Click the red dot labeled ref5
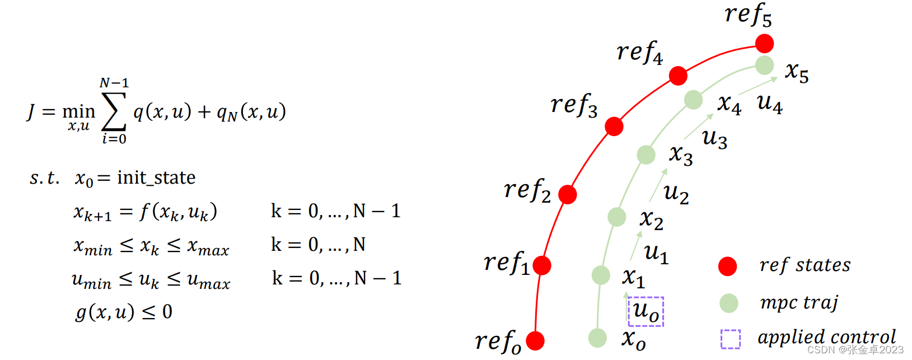764,43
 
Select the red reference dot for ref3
614,127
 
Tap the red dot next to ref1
542,265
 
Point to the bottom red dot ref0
535,340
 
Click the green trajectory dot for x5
764,66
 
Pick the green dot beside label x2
616,217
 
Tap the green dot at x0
597,338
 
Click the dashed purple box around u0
646,311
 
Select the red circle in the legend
728,267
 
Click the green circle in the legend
728,303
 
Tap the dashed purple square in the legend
730,339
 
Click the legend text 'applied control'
826,337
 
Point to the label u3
715,138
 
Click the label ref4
639,53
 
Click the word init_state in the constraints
156,177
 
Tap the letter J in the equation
31,112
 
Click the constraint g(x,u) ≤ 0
124,312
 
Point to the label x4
729,105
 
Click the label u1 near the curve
656,254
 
